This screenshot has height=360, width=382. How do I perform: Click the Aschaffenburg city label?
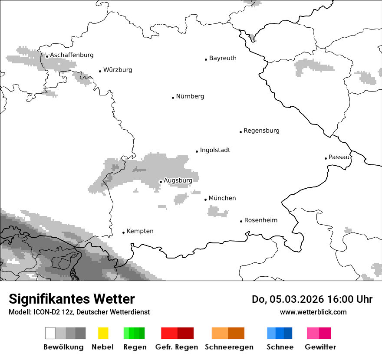[72, 55]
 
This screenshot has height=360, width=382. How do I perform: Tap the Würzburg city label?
[118, 70]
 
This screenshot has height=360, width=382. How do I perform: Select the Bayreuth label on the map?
[223, 58]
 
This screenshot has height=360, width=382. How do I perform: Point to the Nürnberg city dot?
[173, 98]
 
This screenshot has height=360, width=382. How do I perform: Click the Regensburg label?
[261, 131]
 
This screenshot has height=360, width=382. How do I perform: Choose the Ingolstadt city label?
[215, 150]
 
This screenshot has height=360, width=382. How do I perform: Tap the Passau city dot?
[326, 158]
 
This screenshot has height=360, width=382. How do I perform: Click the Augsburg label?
[178, 180]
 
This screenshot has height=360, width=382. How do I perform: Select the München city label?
[222, 198]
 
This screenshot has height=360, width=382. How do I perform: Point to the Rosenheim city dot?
[241, 221]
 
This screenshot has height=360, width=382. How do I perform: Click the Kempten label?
[140, 231]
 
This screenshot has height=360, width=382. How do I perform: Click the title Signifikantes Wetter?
[72, 299]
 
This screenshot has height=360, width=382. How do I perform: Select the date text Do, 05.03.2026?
[287, 299]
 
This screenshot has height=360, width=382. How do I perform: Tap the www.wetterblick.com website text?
[313, 312]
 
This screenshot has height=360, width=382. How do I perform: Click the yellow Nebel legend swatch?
[103, 333]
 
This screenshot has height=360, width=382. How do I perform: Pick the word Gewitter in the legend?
[320, 347]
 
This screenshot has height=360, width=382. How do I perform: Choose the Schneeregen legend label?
[229, 347]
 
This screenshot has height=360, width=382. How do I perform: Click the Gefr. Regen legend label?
[176, 347]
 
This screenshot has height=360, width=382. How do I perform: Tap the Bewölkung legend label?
[63, 347]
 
